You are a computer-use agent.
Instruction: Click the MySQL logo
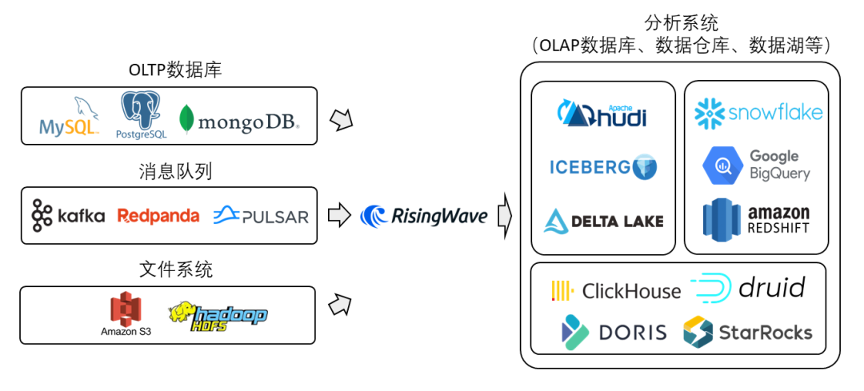pyautogui.click(x=70, y=120)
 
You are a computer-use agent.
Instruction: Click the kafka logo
pyautogui.click(x=69, y=216)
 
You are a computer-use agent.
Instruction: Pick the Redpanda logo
pyautogui.click(x=158, y=216)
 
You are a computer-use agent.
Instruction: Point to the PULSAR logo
pyautogui.click(x=261, y=216)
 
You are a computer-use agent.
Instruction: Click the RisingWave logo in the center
pyautogui.click(x=424, y=216)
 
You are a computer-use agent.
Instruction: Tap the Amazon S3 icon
pyautogui.click(x=126, y=314)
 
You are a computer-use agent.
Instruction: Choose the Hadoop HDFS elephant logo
pyautogui.click(x=217, y=316)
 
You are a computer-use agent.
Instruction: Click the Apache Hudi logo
pyautogui.click(x=602, y=114)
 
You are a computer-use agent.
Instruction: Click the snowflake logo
pyautogui.click(x=758, y=113)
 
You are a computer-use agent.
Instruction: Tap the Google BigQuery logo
pyautogui.click(x=757, y=165)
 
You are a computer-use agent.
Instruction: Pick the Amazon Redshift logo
pyautogui.click(x=757, y=218)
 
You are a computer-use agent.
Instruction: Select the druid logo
pyautogui.click(x=747, y=288)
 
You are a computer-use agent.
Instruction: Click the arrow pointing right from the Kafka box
pyautogui.click(x=340, y=215)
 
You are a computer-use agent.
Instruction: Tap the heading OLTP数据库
pyautogui.click(x=174, y=70)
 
